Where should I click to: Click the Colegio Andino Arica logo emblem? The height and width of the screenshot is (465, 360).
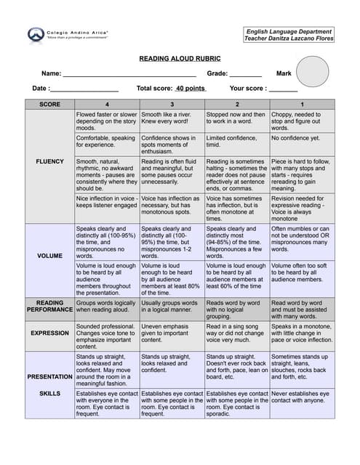(36, 35)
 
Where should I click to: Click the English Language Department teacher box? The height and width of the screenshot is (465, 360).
(289, 35)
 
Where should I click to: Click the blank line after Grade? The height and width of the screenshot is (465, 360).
(245, 74)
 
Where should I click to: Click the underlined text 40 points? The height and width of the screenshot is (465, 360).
(191, 88)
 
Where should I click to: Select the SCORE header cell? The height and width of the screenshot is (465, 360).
(49, 104)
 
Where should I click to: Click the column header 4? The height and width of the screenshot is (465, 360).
(107, 104)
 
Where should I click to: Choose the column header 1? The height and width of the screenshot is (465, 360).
(302, 104)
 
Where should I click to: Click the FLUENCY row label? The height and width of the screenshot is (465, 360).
(49, 161)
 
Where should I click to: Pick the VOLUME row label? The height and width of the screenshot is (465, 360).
(49, 256)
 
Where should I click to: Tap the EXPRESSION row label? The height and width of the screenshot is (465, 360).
(49, 333)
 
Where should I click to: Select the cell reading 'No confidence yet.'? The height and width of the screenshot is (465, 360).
(302, 138)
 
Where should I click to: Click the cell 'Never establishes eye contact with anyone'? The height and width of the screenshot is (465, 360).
(302, 397)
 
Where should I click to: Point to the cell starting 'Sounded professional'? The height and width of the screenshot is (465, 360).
(107, 333)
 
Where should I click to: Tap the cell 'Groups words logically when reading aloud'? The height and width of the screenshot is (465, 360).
(107, 306)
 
